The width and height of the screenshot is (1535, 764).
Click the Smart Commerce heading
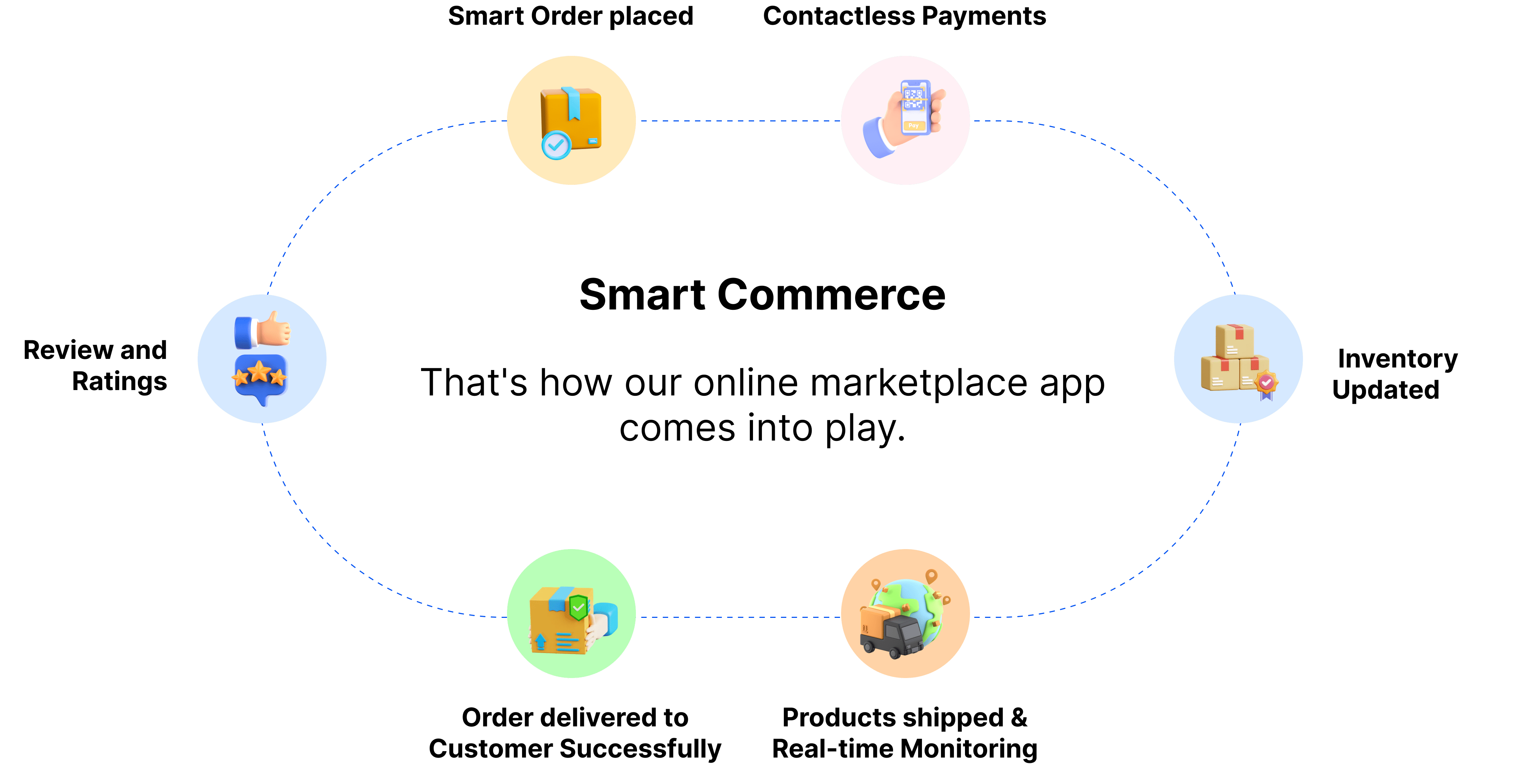coord(762,295)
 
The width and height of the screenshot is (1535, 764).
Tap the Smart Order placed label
coord(570,16)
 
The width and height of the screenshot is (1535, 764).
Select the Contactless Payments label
coord(904,16)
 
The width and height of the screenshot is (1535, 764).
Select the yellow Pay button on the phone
coord(913,126)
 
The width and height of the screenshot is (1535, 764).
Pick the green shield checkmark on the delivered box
coord(578,607)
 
